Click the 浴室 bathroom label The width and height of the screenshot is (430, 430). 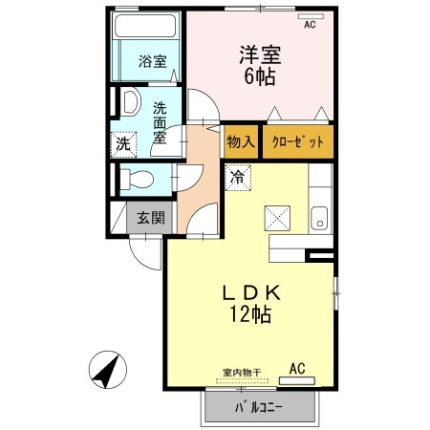pyautogui.click(x=152, y=61)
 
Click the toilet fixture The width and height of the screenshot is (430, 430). pyautogui.click(x=136, y=178)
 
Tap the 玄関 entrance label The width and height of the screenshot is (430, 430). pyautogui.click(x=147, y=218)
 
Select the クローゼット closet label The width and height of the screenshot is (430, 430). pyautogui.click(x=299, y=141)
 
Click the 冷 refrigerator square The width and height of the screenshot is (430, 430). pyautogui.click(x=239, y=177)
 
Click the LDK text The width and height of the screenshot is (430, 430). pyautogui.click(x=250, y=291)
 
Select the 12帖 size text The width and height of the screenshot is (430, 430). pyautogui.click(x=250, y=315)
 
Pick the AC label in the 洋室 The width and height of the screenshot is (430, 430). pyautogui.click(x=310, y=26)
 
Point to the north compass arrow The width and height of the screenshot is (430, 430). pyautogui.click(x=107, y=368)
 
